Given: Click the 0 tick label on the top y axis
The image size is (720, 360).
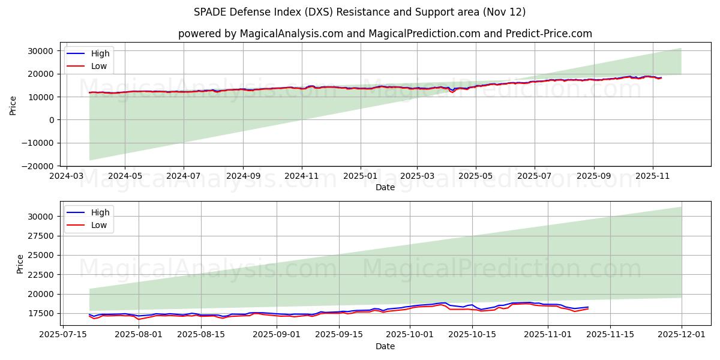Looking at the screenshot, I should point(52,120).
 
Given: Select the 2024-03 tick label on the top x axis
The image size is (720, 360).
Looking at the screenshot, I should point(66,176).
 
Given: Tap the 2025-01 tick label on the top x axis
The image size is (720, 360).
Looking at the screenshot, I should point(361,176).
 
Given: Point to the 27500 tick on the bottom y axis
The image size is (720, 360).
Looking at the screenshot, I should point(43,236).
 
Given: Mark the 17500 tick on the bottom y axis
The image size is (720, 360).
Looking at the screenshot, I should point(43,313).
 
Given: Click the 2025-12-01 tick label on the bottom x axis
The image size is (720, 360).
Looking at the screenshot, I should point(682,335).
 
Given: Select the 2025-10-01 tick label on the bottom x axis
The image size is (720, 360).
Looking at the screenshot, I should point(410,335).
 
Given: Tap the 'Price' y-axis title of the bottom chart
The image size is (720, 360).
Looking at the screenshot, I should point(20,263).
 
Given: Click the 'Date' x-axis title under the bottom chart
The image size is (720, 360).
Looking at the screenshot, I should point(385,346).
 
